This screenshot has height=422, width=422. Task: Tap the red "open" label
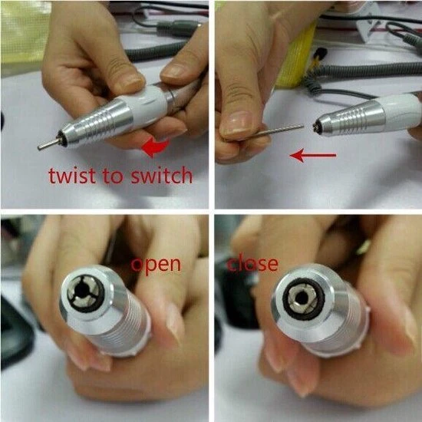point(155,265)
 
